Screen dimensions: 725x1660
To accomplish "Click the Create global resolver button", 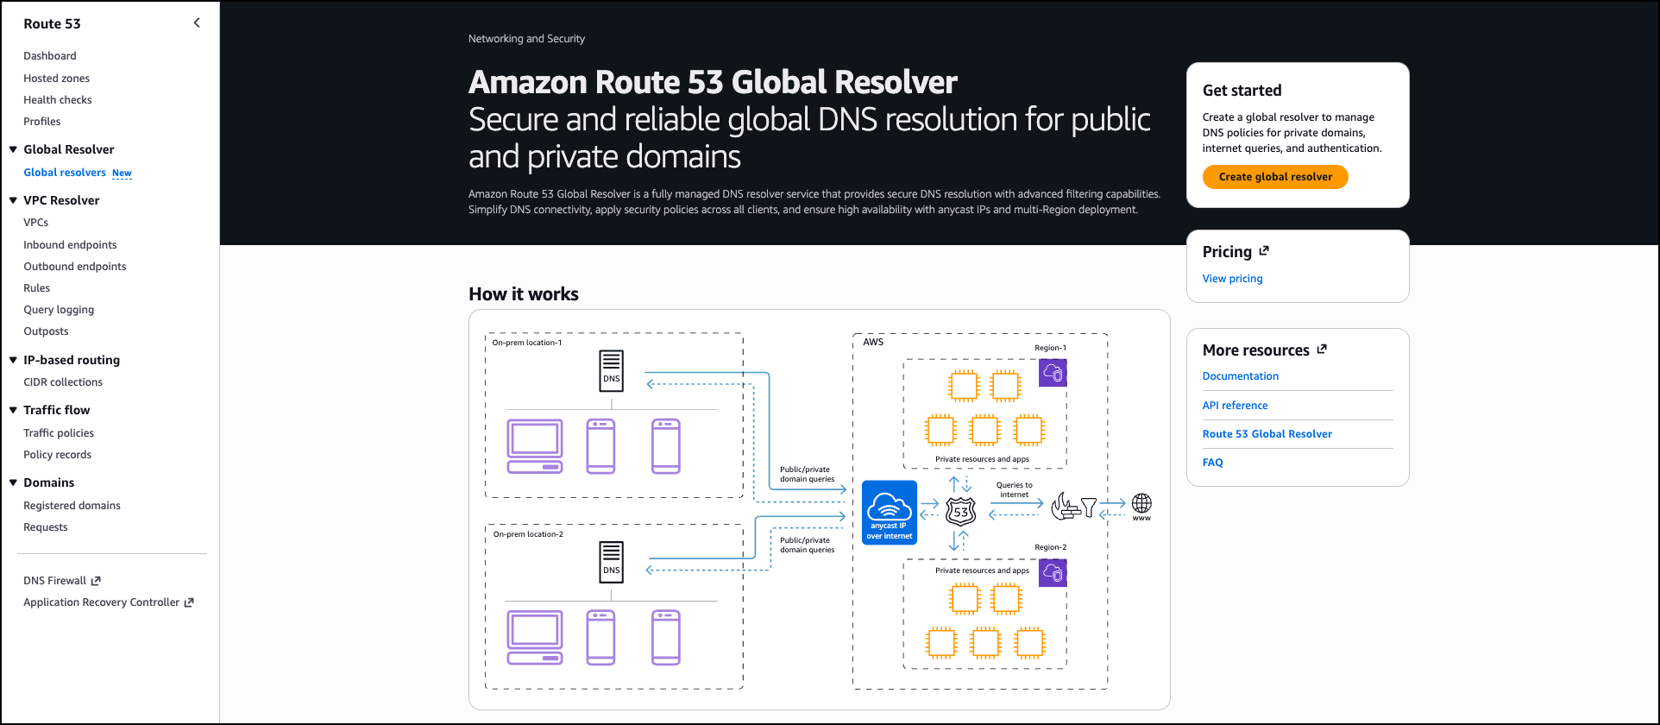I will coord(1275,177).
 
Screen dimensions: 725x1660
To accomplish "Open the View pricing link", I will coord(1232,279).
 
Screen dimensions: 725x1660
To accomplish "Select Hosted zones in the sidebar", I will coord(56,79).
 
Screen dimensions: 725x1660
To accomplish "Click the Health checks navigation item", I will coord(57,100).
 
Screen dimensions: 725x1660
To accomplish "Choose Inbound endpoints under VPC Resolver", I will coord(70,245).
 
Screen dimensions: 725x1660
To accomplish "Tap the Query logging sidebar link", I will coord(59,310).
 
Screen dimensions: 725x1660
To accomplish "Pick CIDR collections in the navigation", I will coord(63,382).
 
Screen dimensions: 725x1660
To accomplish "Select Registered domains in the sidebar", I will coord(72,506).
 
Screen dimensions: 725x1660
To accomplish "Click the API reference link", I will coord(1235,406).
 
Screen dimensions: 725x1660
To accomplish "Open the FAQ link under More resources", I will coord(1212,463).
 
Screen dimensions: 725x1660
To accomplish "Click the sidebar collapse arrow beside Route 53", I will coord(197,23).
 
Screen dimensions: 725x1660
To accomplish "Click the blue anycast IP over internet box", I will coord(890,512).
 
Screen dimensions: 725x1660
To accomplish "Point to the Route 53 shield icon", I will coord(960,512).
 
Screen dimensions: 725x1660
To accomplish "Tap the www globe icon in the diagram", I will coord(1141,503).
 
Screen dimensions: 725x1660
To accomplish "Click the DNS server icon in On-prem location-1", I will coord(612,371).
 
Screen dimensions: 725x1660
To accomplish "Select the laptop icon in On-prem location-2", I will coord(535,637).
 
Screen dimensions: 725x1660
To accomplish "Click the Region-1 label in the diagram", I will coord(1050,348).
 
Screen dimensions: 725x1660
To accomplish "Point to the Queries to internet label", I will coord(1014,489).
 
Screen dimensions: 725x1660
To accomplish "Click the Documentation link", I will coord(1240,376).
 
